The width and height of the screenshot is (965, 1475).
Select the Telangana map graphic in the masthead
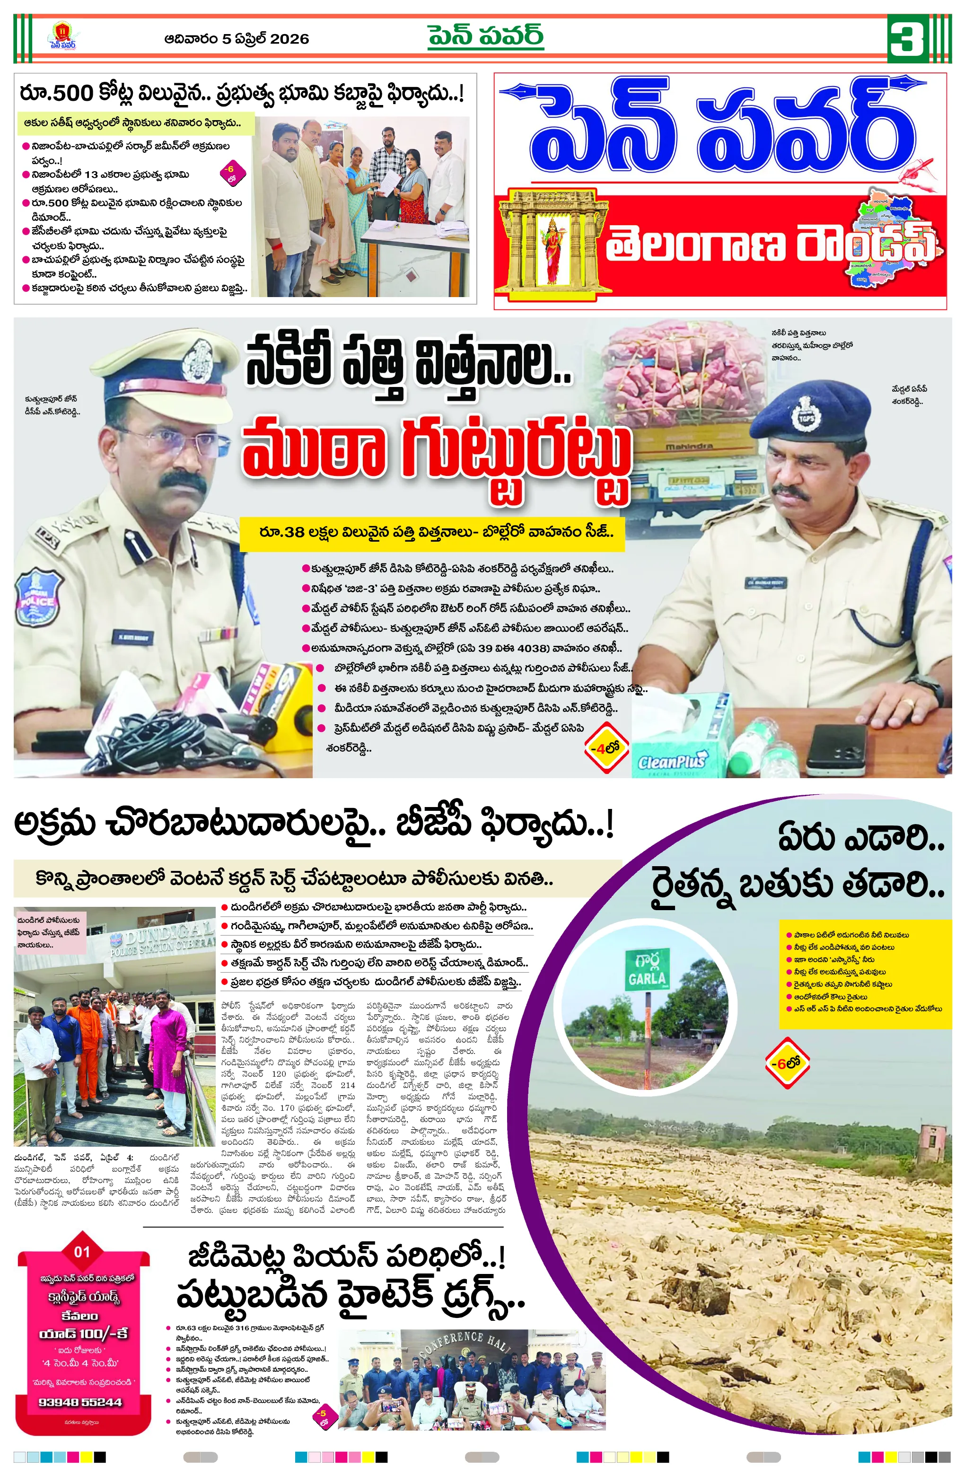click(893, 242)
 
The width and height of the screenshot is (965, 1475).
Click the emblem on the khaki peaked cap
click(197, 360)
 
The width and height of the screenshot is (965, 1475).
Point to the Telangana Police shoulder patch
click(37, 597)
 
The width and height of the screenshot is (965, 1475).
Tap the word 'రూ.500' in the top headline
click(56, 94)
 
